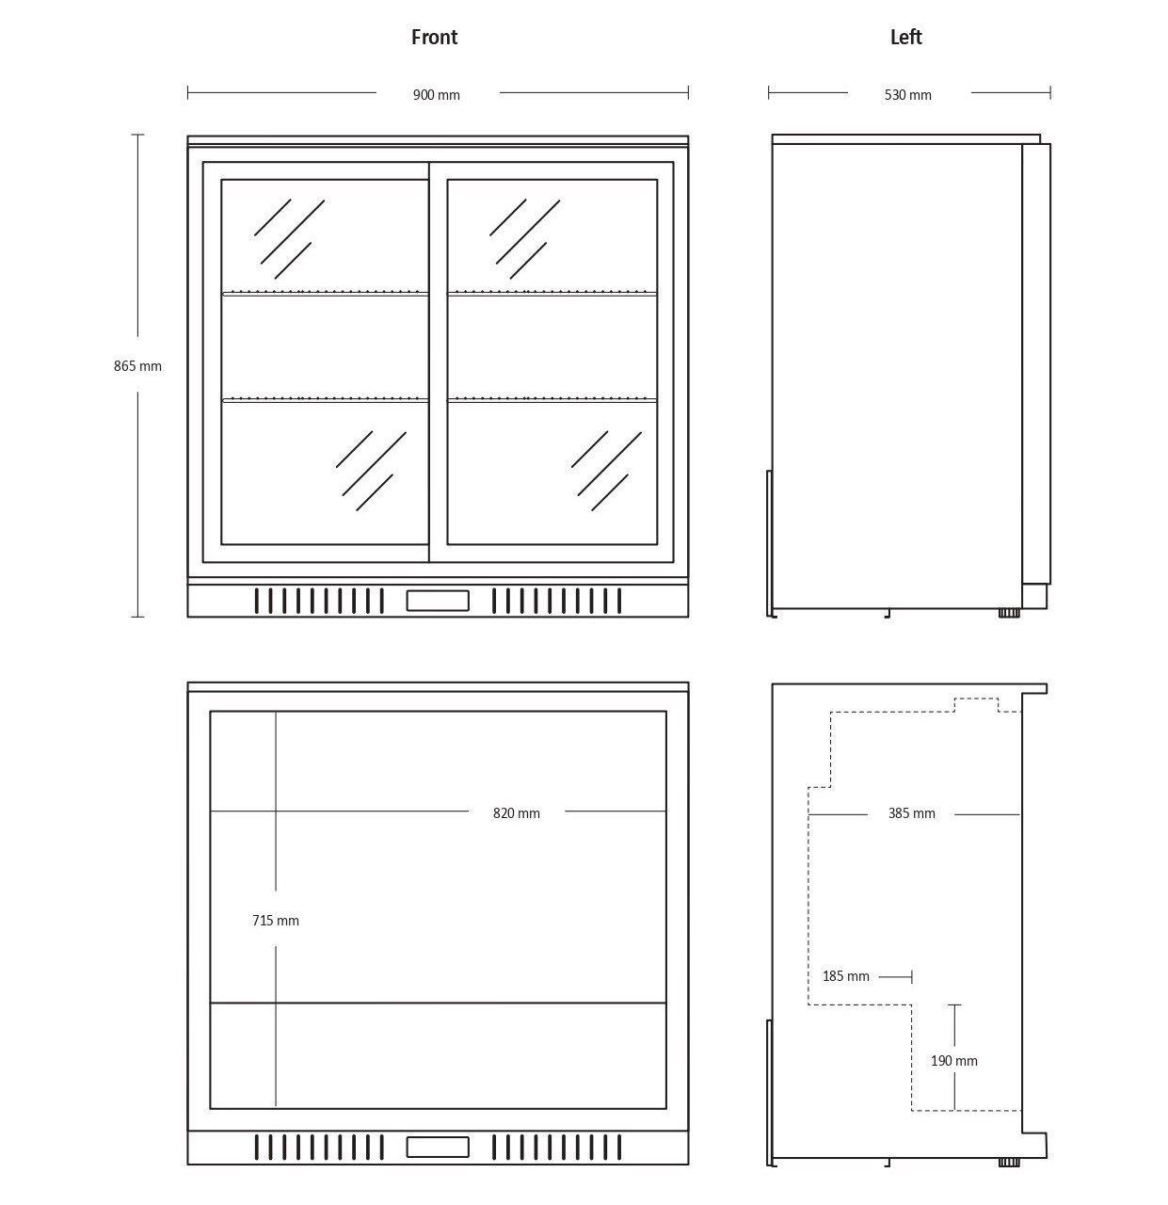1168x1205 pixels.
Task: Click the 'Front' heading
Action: [434, 38]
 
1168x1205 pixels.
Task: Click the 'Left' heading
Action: [905, 38]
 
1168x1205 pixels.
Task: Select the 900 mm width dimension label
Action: [437, 95]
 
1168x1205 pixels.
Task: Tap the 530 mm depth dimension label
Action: [908, 95]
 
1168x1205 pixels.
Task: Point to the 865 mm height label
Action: [137, 366]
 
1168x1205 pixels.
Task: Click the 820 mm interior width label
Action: [517, 813]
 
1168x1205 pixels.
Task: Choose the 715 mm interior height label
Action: [276, 921]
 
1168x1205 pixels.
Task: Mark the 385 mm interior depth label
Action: [911, 813]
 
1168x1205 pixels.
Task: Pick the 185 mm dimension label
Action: [846, 976]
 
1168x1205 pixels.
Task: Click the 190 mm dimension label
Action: [953, 1061]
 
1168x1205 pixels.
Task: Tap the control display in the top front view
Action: [438, 600]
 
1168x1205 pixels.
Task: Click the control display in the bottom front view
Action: [438, 1148]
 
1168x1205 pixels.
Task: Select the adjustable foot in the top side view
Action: [1008, 613]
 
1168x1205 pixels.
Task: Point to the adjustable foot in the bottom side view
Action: [1008, 1162]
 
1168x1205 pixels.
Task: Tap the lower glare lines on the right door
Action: [606, 470]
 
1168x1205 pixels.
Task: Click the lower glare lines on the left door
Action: [371, 470]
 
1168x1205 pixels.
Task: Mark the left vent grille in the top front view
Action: [319, 600]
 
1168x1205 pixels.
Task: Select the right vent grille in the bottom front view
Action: [557, 1148]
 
